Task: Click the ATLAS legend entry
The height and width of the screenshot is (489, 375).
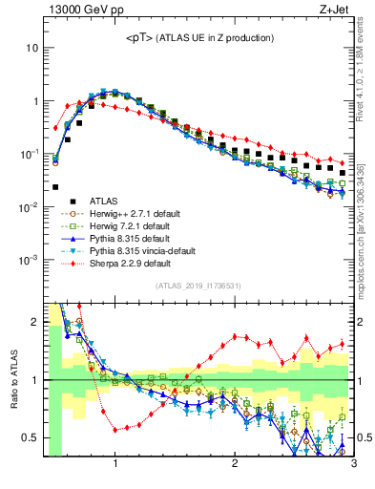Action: coord(103,201)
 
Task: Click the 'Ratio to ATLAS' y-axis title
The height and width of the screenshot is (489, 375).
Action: coord(12,380)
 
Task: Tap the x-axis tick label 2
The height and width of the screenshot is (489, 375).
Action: coord(235,464)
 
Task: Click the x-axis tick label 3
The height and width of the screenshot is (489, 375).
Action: coord(353,464)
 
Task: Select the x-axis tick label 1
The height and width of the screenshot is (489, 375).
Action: coord(115,464)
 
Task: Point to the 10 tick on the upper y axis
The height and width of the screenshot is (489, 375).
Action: coord(32,48)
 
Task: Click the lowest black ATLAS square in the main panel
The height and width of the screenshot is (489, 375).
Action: coord(55,187)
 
